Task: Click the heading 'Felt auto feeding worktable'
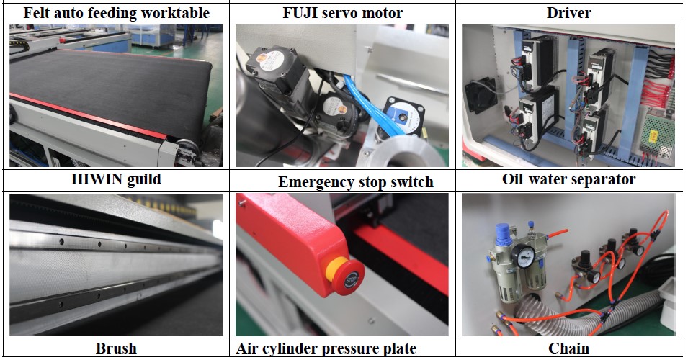coord(116,13)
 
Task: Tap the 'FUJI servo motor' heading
coord(343,13)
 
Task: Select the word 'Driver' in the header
coord(568,13)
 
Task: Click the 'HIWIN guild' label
coord(116,179)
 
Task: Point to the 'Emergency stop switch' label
coord(356,182)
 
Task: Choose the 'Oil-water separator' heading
coord(568,179)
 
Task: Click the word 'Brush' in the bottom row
coord(116,348)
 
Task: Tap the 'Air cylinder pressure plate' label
coord(326,348)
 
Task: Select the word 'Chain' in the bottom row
coord(568,348)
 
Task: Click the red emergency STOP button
coord(349,278)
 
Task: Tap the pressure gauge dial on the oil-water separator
coord(525,256)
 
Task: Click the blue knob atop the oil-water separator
coord(502,232)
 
